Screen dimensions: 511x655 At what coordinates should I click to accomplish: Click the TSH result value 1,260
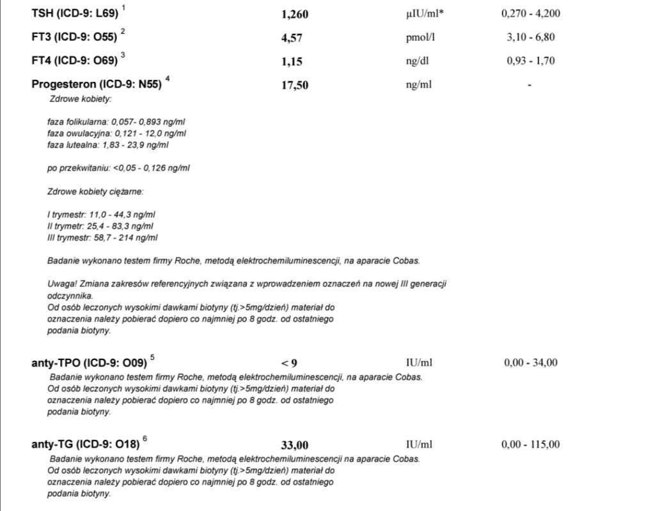(x=295, y=15)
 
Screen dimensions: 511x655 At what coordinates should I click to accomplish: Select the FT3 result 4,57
(x=292, y=38)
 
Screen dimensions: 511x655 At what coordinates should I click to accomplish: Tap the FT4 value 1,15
(x=292, y=61)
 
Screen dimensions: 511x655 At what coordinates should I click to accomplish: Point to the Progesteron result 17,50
(x=294, y=85)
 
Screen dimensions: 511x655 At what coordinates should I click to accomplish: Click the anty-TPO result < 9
(x=289, y=363)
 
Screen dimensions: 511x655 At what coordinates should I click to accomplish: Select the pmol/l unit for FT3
(x=420, y=37)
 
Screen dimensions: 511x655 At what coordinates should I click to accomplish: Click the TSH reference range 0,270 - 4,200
(x=531, y=13)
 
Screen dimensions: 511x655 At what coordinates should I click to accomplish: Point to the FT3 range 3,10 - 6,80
(x=530, y=37)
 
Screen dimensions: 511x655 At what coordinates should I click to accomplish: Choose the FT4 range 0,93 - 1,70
(x=530, y=61)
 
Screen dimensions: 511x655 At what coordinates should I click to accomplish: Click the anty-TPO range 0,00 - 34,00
(x=530, y=363)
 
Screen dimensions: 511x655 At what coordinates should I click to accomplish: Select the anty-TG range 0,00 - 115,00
(x=532, y=444)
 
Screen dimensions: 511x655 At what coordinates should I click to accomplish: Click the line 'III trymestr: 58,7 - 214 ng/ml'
(x=102, y=238)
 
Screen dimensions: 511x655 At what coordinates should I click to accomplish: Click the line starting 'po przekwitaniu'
(x=118, y=168)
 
